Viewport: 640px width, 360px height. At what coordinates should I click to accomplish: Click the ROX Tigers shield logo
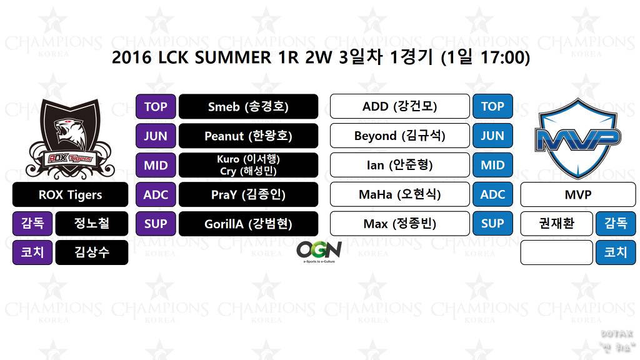[70, 139]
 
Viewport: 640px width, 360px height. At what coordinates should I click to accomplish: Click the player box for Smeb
[248, 106]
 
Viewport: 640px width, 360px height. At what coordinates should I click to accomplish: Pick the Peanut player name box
[248, 136]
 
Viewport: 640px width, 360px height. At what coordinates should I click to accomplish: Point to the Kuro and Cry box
[248, 165]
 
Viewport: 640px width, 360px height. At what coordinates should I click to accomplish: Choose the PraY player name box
[248, 194]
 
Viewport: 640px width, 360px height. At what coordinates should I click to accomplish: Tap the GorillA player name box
[248, 224]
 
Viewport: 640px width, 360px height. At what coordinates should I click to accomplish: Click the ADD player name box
[399, 106]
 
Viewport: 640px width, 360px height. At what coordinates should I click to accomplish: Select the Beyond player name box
[399, 136]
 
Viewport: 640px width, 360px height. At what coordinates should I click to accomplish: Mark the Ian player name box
[399, 165]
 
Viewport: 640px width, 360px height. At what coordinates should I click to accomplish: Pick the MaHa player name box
[399, 194]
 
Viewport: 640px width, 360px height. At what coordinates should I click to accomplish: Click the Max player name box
[399, 224]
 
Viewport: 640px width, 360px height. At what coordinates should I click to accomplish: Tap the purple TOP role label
[156, 106]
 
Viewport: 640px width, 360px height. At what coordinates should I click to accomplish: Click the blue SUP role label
[492, 224]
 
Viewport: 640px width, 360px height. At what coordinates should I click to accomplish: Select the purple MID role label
[156, 165]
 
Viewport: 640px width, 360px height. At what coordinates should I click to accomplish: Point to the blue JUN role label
[492, 136]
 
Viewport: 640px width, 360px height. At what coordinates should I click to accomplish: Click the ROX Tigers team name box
[70, 194]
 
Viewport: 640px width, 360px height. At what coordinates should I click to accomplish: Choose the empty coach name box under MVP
[556, 252]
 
